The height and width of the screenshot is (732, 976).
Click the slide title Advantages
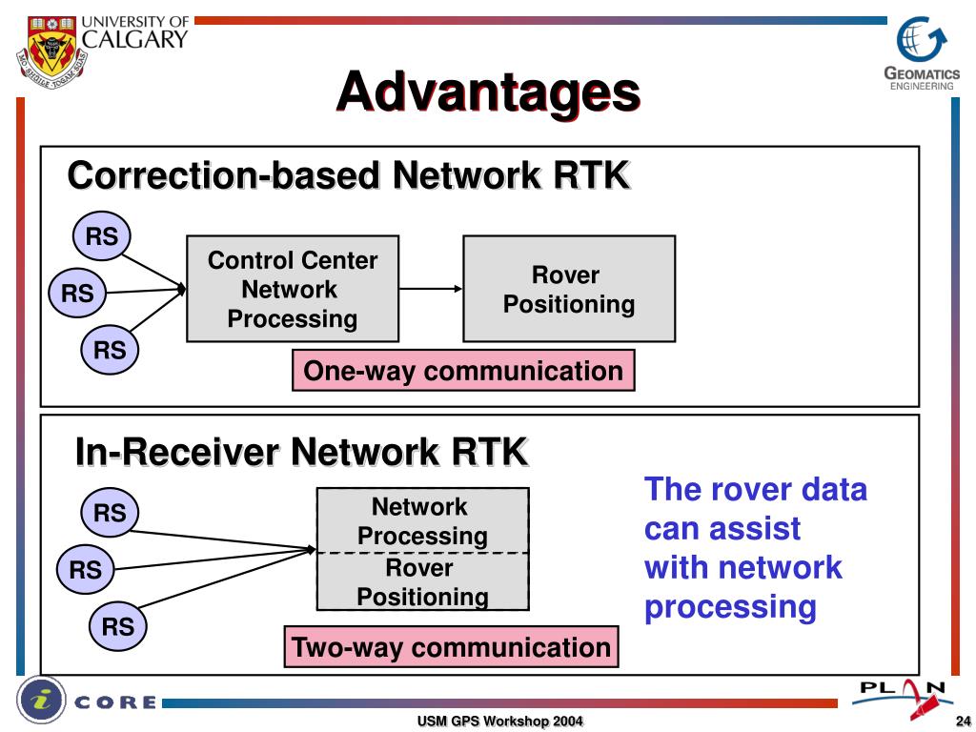click(x=487, y=92)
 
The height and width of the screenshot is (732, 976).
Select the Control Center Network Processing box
click(x=293, y=289)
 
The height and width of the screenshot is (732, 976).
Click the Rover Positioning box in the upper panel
click(x=569, y=289)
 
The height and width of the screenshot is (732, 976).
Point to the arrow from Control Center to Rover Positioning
click(x=431, y=289)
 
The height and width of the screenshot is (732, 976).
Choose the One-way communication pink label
click(x=463, y=371)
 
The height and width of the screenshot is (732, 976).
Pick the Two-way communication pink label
click(x=451, y=647)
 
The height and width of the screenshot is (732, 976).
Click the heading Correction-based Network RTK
click(x=349, y=176)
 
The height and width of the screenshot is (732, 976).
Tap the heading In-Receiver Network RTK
click(x=301, y=451)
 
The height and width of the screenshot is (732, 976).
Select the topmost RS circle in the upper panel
click(x=102, y=236)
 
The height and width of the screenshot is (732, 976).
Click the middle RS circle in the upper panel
click(x=77, y=294)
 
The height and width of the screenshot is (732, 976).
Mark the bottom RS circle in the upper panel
click(x=110, y=350)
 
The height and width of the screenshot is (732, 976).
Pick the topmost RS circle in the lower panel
click(x=110, y=513)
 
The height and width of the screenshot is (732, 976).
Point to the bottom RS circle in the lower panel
click(x=118, y=626)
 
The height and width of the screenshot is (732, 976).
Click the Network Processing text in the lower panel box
click(x=421, y=520)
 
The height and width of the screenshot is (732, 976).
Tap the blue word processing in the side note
click(x=730, y=607)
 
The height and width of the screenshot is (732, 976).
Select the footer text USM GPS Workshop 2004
click(x=499, y=721)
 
